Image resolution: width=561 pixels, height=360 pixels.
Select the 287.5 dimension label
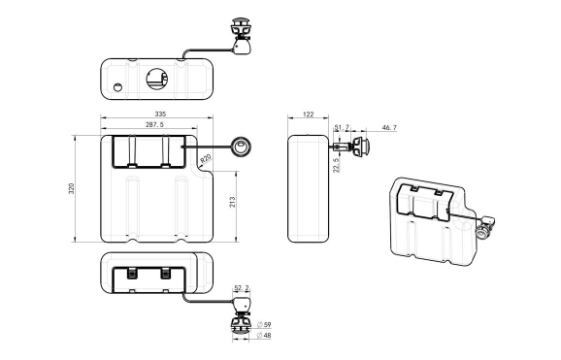[154, 126]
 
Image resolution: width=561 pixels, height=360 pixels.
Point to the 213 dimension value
[231, 202]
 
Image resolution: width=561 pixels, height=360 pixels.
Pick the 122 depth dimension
[309, 115]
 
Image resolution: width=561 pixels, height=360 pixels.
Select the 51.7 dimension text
[341, 127]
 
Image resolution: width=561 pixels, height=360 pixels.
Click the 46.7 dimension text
[389, 127]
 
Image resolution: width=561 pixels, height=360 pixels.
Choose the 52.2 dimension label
[242, 288]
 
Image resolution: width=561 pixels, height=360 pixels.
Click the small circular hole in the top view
[118, 87]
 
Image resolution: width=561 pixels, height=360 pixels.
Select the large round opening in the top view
[155, 76]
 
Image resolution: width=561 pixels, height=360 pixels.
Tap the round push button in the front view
[240, 147]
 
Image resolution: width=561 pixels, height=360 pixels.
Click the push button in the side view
[362, 147]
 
